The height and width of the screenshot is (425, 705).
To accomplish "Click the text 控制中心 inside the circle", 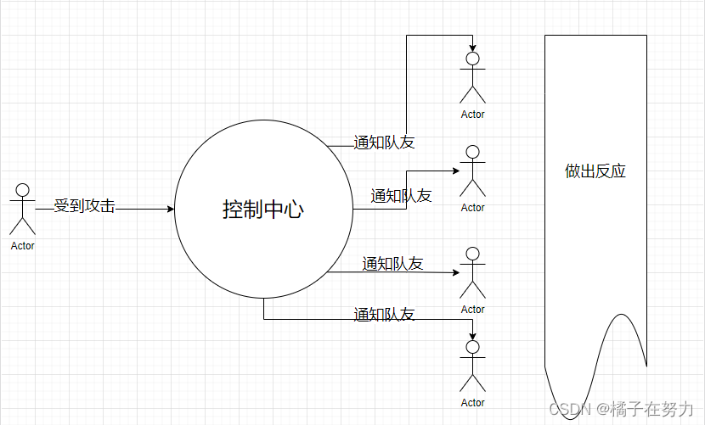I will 262,210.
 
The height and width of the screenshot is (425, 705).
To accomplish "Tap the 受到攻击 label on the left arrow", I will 84,205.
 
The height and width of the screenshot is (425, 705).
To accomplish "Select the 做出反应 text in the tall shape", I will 595,171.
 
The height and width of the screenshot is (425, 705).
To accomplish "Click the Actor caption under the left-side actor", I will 23,246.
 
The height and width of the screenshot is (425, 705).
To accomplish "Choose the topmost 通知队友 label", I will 384,143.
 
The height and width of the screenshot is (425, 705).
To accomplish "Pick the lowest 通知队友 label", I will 384,314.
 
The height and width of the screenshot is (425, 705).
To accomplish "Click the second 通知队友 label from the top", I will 401,195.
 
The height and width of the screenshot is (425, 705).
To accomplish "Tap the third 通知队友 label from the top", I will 392,263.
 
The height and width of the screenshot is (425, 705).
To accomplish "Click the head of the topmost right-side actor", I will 472,59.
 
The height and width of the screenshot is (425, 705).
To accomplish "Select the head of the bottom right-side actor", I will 472,347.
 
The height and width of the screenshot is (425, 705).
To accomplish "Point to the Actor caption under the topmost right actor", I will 472,115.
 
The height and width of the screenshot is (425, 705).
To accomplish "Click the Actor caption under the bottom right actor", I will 472,403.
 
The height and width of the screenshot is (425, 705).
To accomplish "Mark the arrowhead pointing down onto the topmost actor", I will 472,48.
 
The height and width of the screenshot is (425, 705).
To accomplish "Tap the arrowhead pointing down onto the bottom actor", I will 472,336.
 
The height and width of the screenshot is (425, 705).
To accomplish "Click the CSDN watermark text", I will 569,409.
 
